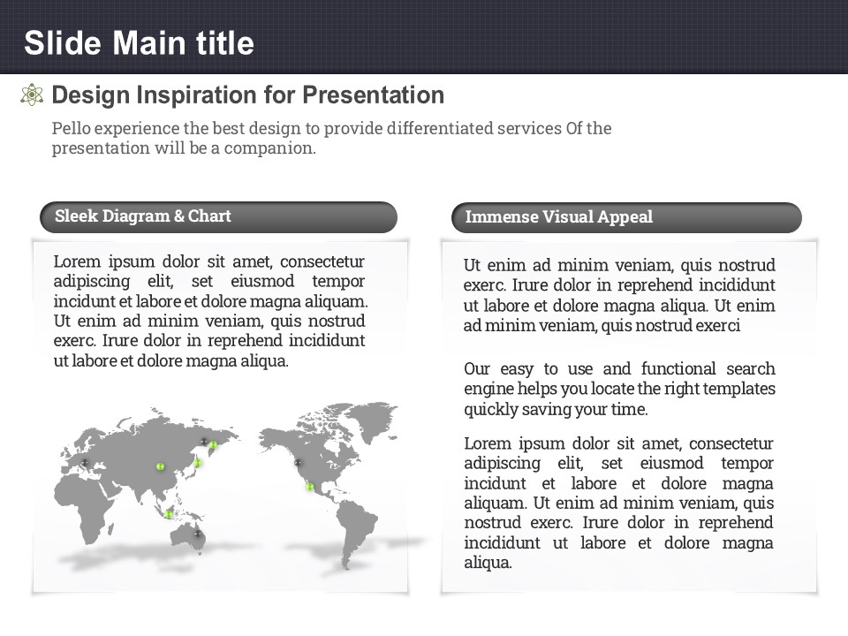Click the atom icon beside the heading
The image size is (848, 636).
(32, 95)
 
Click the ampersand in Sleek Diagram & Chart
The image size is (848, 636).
(179, 216)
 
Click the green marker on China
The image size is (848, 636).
(160, 466)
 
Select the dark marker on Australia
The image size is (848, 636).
(197, 534)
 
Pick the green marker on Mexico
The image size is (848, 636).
(309, 487)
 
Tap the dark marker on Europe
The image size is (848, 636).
(85, 463)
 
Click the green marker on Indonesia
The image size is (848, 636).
(169, 514)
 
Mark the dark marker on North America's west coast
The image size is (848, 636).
(297, 462)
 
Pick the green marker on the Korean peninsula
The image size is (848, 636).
(197, 462)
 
